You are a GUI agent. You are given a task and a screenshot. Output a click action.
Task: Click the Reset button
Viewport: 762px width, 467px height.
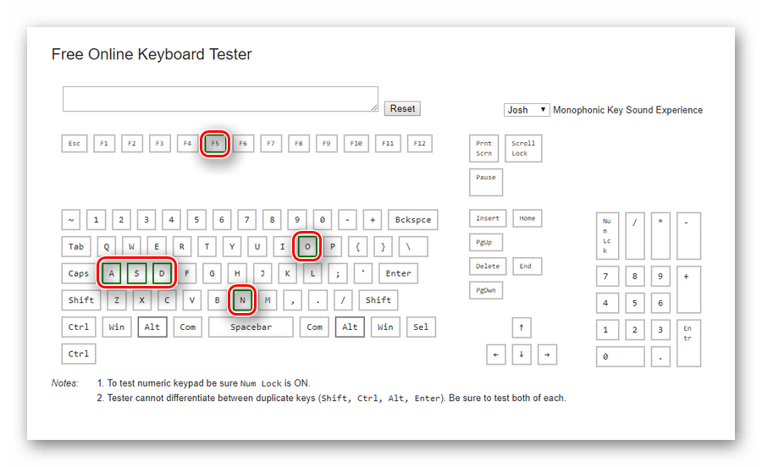pos(402,109)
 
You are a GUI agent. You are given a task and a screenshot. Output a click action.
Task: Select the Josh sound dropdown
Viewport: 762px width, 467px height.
pos(527,110)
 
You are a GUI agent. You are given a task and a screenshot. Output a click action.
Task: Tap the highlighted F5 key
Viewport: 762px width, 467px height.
pos(215,144)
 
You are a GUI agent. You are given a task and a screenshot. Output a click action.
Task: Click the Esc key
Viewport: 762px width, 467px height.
pos(75,144)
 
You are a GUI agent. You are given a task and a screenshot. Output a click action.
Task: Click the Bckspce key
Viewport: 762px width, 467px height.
pos(413,220)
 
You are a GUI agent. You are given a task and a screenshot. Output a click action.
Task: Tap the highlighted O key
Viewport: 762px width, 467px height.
pos(307,246)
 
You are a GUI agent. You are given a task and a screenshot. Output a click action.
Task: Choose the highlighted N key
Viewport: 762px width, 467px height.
pos(242,300)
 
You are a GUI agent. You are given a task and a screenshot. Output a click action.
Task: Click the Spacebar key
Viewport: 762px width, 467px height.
pos(251,327)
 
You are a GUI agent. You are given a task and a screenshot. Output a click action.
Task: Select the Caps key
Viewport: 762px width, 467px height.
pos(79,274)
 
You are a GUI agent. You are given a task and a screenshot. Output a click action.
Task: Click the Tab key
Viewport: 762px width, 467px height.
pos(76,246)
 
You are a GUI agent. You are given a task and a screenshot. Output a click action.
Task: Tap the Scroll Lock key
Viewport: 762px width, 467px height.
pos(523,149)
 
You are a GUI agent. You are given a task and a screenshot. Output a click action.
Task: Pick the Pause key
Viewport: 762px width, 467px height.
pos(486,183)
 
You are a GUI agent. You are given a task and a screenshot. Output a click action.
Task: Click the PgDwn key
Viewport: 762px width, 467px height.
pos(486,290)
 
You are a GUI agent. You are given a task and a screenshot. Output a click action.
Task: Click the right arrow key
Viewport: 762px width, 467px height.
pos(547,354)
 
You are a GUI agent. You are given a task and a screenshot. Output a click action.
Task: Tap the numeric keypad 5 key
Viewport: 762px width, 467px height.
pos(635,304)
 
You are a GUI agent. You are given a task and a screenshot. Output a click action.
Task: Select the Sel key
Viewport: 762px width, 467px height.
pos(421,327)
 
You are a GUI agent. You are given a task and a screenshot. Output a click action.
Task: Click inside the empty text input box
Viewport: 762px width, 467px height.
pos(220,99)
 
